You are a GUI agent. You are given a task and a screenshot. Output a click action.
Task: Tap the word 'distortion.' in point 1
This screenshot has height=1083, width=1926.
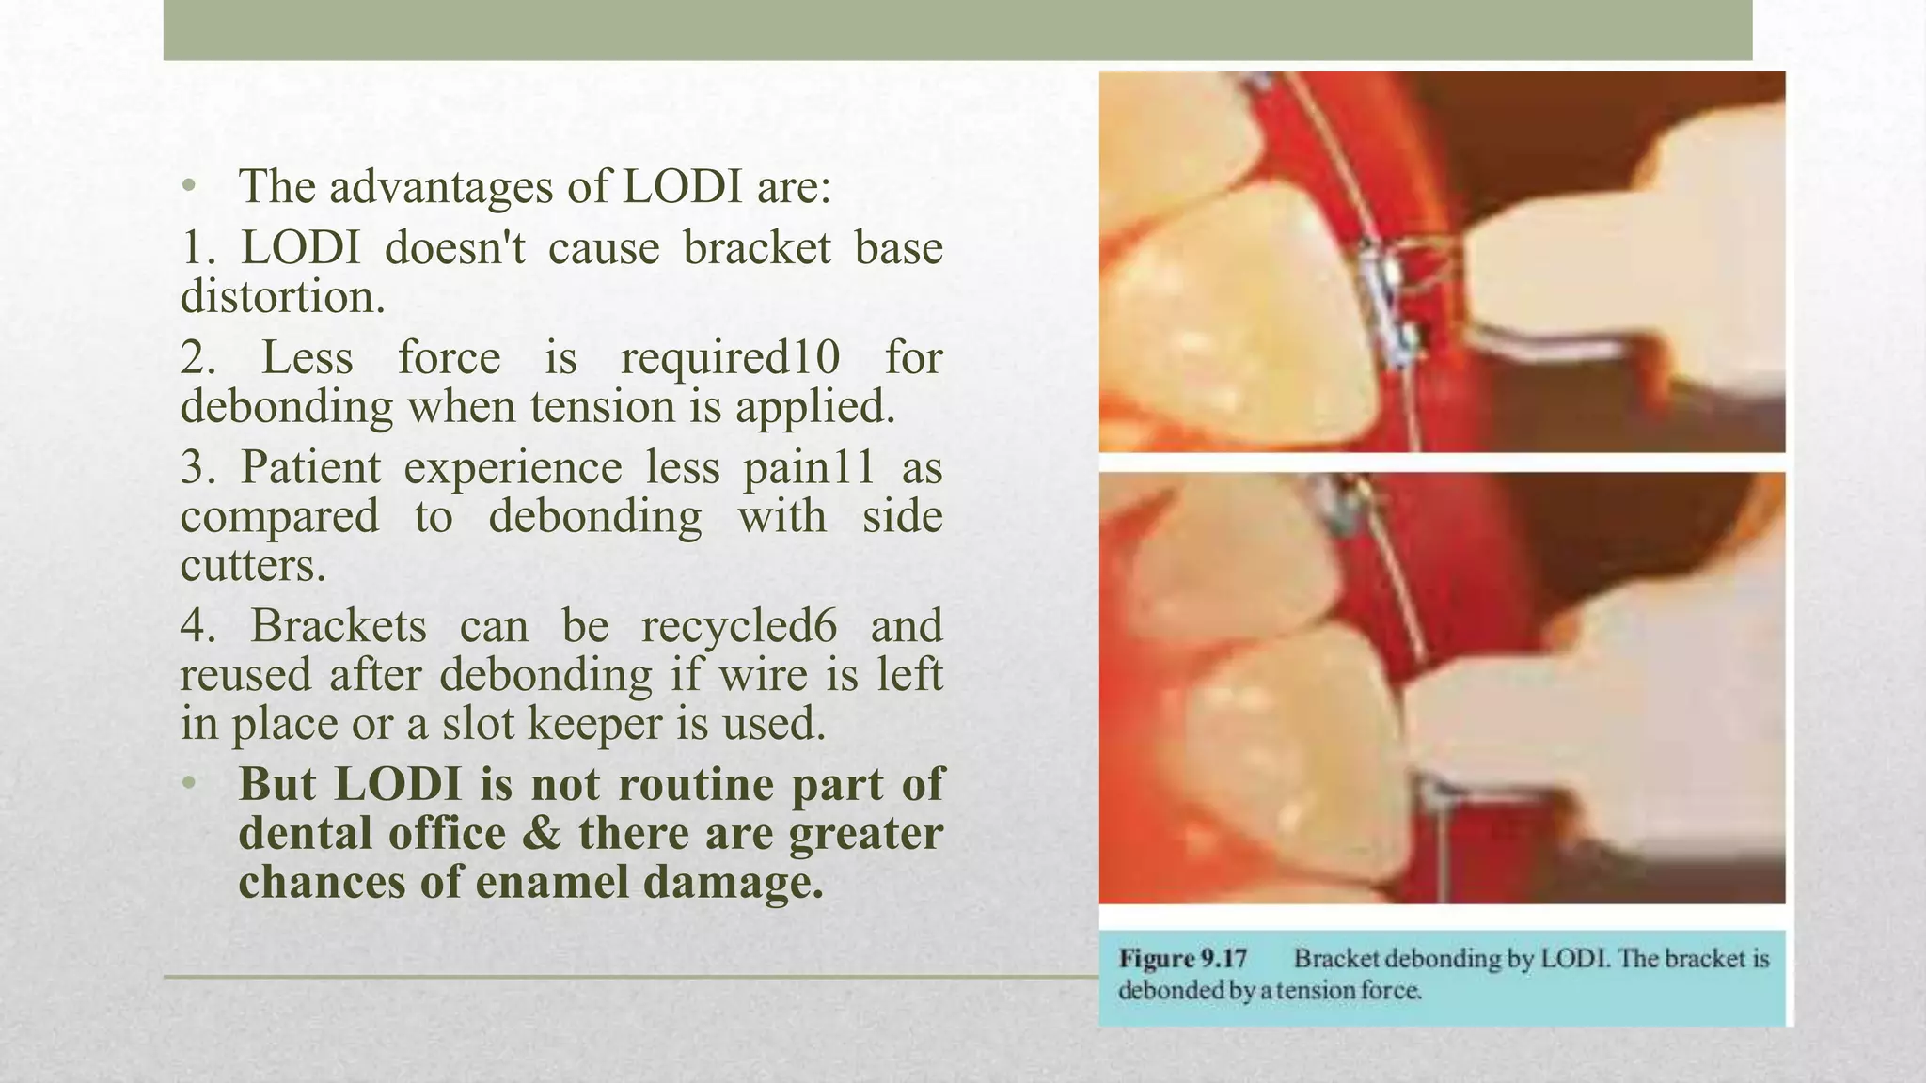283,297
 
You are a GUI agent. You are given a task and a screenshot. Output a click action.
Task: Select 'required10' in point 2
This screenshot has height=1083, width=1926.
730,358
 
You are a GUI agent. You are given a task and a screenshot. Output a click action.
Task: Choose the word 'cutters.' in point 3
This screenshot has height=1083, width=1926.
253,566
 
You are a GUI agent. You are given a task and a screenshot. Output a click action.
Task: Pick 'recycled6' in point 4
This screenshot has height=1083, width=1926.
738,626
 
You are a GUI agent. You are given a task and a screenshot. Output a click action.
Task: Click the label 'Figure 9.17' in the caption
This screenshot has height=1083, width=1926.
1182,959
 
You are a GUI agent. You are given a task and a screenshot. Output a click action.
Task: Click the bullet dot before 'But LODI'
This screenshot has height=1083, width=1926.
189,783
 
